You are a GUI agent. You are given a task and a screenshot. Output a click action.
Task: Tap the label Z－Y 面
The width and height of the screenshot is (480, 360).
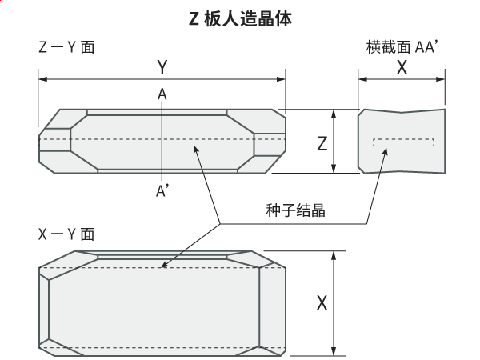point(66,47)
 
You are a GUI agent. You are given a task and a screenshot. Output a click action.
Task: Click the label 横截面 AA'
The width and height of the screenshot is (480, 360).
point(400,47)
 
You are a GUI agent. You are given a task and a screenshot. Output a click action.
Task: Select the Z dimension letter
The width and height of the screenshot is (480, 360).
point(322,144)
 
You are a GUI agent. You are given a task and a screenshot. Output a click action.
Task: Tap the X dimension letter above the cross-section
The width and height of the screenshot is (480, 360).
point(402,68)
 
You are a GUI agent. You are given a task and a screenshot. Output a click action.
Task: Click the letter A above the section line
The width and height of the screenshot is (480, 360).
point(162,95)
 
